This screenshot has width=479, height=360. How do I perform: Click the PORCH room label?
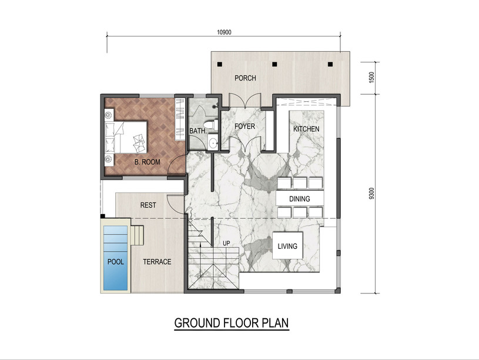click(245, 78)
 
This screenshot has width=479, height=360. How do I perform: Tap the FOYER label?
click(244, 126)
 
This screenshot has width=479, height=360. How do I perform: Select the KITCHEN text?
click(306, 129)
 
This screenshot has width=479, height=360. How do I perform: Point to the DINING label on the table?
click(299, 199)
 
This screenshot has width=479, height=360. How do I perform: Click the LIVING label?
click(287, 246)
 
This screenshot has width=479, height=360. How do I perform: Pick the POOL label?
click(115, 262)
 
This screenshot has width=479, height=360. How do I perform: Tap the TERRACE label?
click(157, 262)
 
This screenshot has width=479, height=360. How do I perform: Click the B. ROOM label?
click(148, 162)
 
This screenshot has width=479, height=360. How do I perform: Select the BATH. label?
click(198, 131)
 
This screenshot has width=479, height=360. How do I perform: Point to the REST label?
click(148, 205)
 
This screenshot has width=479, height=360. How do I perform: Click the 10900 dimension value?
click(224, 32)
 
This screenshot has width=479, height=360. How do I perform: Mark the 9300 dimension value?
click(371, 194)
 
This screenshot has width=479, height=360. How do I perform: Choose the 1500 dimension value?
click(371, 78)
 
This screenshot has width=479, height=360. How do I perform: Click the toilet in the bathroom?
click(212, 125)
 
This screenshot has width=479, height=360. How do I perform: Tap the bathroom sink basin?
click(213, 142)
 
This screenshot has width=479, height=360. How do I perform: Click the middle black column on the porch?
click(274, 64)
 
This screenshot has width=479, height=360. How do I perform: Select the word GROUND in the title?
click(197, 323)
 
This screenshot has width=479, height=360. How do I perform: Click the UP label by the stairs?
click(226, 244)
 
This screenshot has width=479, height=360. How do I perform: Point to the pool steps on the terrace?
click(137, 235)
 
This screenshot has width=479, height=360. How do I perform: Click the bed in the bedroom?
click(126, 137)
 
